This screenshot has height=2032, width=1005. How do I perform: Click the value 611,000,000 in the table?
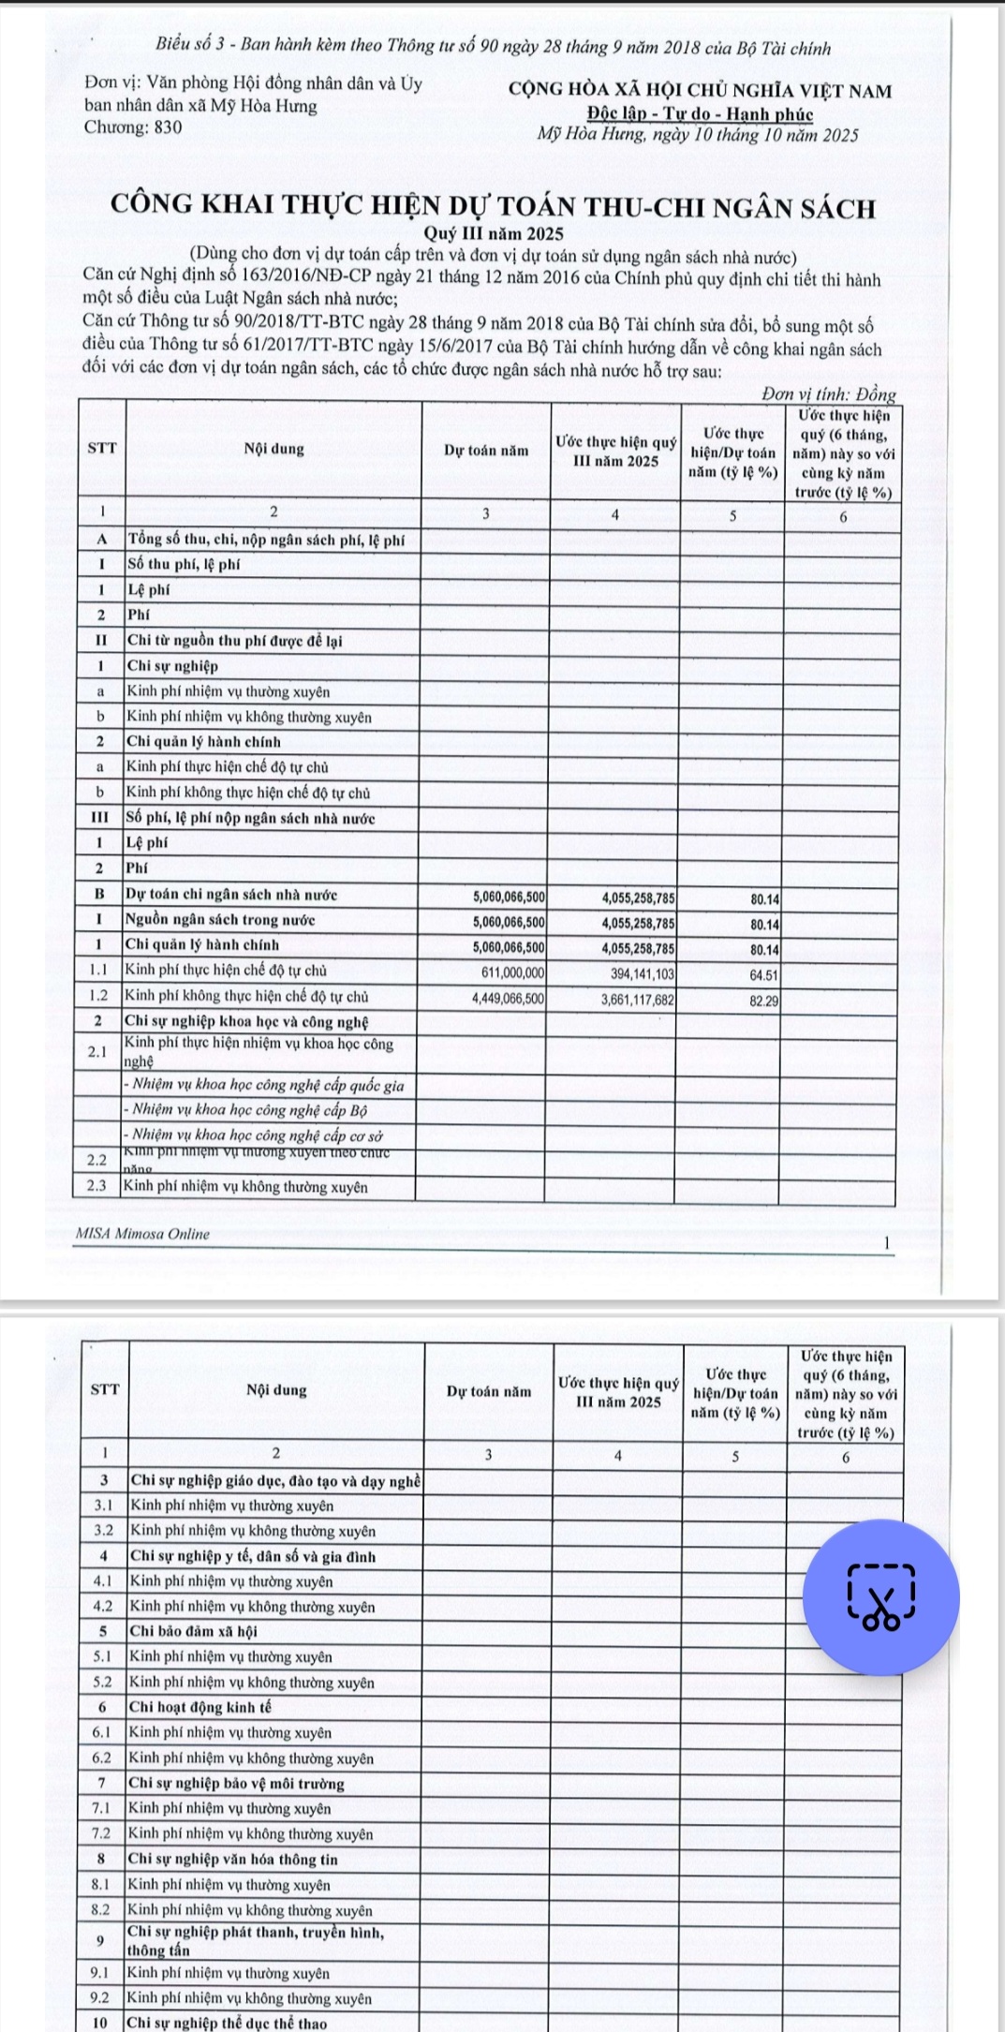pyautogui.click(x=512, y=973)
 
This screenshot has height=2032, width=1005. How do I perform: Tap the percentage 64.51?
pyautogui.click(x=764, y=974)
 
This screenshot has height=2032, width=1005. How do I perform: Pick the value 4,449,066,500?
pyautogui.click(x=509, y=999)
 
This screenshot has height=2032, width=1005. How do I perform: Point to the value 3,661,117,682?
pyautogui.click(x=637, y=999)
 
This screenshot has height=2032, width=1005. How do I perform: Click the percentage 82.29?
pyautogui.click(x=764, y=1000)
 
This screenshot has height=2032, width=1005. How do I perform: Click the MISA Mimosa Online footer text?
pyautogui.click(x=142, y=1234)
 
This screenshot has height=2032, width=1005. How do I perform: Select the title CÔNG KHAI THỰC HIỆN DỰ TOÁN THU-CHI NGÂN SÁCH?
pyautogui.click(x=493, y=207)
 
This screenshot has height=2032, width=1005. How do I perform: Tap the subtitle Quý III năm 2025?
pyautogui.click(x=494, y=233)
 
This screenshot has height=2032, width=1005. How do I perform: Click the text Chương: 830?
pyautogui.click(x=133, y=127)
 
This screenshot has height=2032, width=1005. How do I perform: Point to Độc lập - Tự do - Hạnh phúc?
pyautogui.click(x=700, y=113)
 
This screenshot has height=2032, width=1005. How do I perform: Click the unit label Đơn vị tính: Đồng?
pyautogui.click(x=828, y=394)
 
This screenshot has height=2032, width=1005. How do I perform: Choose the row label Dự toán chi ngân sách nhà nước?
pyautogui.click(x=231, y=895)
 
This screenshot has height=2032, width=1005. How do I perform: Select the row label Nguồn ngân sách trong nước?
pyautogui.click(x=220, y=920)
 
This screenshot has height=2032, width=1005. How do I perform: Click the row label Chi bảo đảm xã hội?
pyautogui.click(x=192, y=1631)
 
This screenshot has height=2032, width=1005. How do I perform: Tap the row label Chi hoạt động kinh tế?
pyautogui.click(x=200, y=1707)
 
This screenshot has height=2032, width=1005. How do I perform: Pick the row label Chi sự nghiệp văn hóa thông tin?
pyautogui.click(x=232, y=1859)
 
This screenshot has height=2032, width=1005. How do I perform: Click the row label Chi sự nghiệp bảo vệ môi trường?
pyautogui.click(x=236, y=1783)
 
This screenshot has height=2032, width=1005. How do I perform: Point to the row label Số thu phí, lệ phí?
pyautogui.click(x=184, y=564)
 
